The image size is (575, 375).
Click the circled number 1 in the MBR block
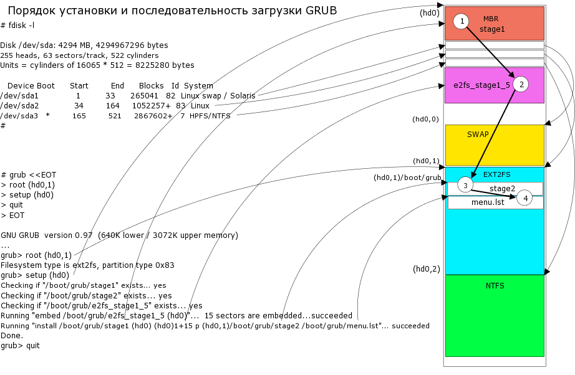click(x=462, y=22)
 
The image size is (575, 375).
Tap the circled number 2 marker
click(x=522, y=84)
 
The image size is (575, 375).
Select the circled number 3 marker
click(x=465, y=186)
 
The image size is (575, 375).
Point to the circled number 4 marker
click(x=525, y=198)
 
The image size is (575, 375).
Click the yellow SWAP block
click(x=495, y=145)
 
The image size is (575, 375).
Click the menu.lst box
click(x=488, y=202)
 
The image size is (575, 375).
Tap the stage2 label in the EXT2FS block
click(x=502, y=188)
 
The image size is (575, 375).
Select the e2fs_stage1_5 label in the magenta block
click(x=482, y=85)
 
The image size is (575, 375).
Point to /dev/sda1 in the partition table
click(x=19, y=96)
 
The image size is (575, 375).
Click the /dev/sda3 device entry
click(x=19, y=116)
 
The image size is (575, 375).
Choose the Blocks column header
click(x=151, y=85)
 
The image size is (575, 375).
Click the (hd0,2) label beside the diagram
click(x=427, y=269)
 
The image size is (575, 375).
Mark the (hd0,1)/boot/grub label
click(x=407, y=178)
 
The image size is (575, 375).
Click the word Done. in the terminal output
click(x=11, y=336)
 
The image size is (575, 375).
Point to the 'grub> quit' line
click(x=20, y=346)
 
